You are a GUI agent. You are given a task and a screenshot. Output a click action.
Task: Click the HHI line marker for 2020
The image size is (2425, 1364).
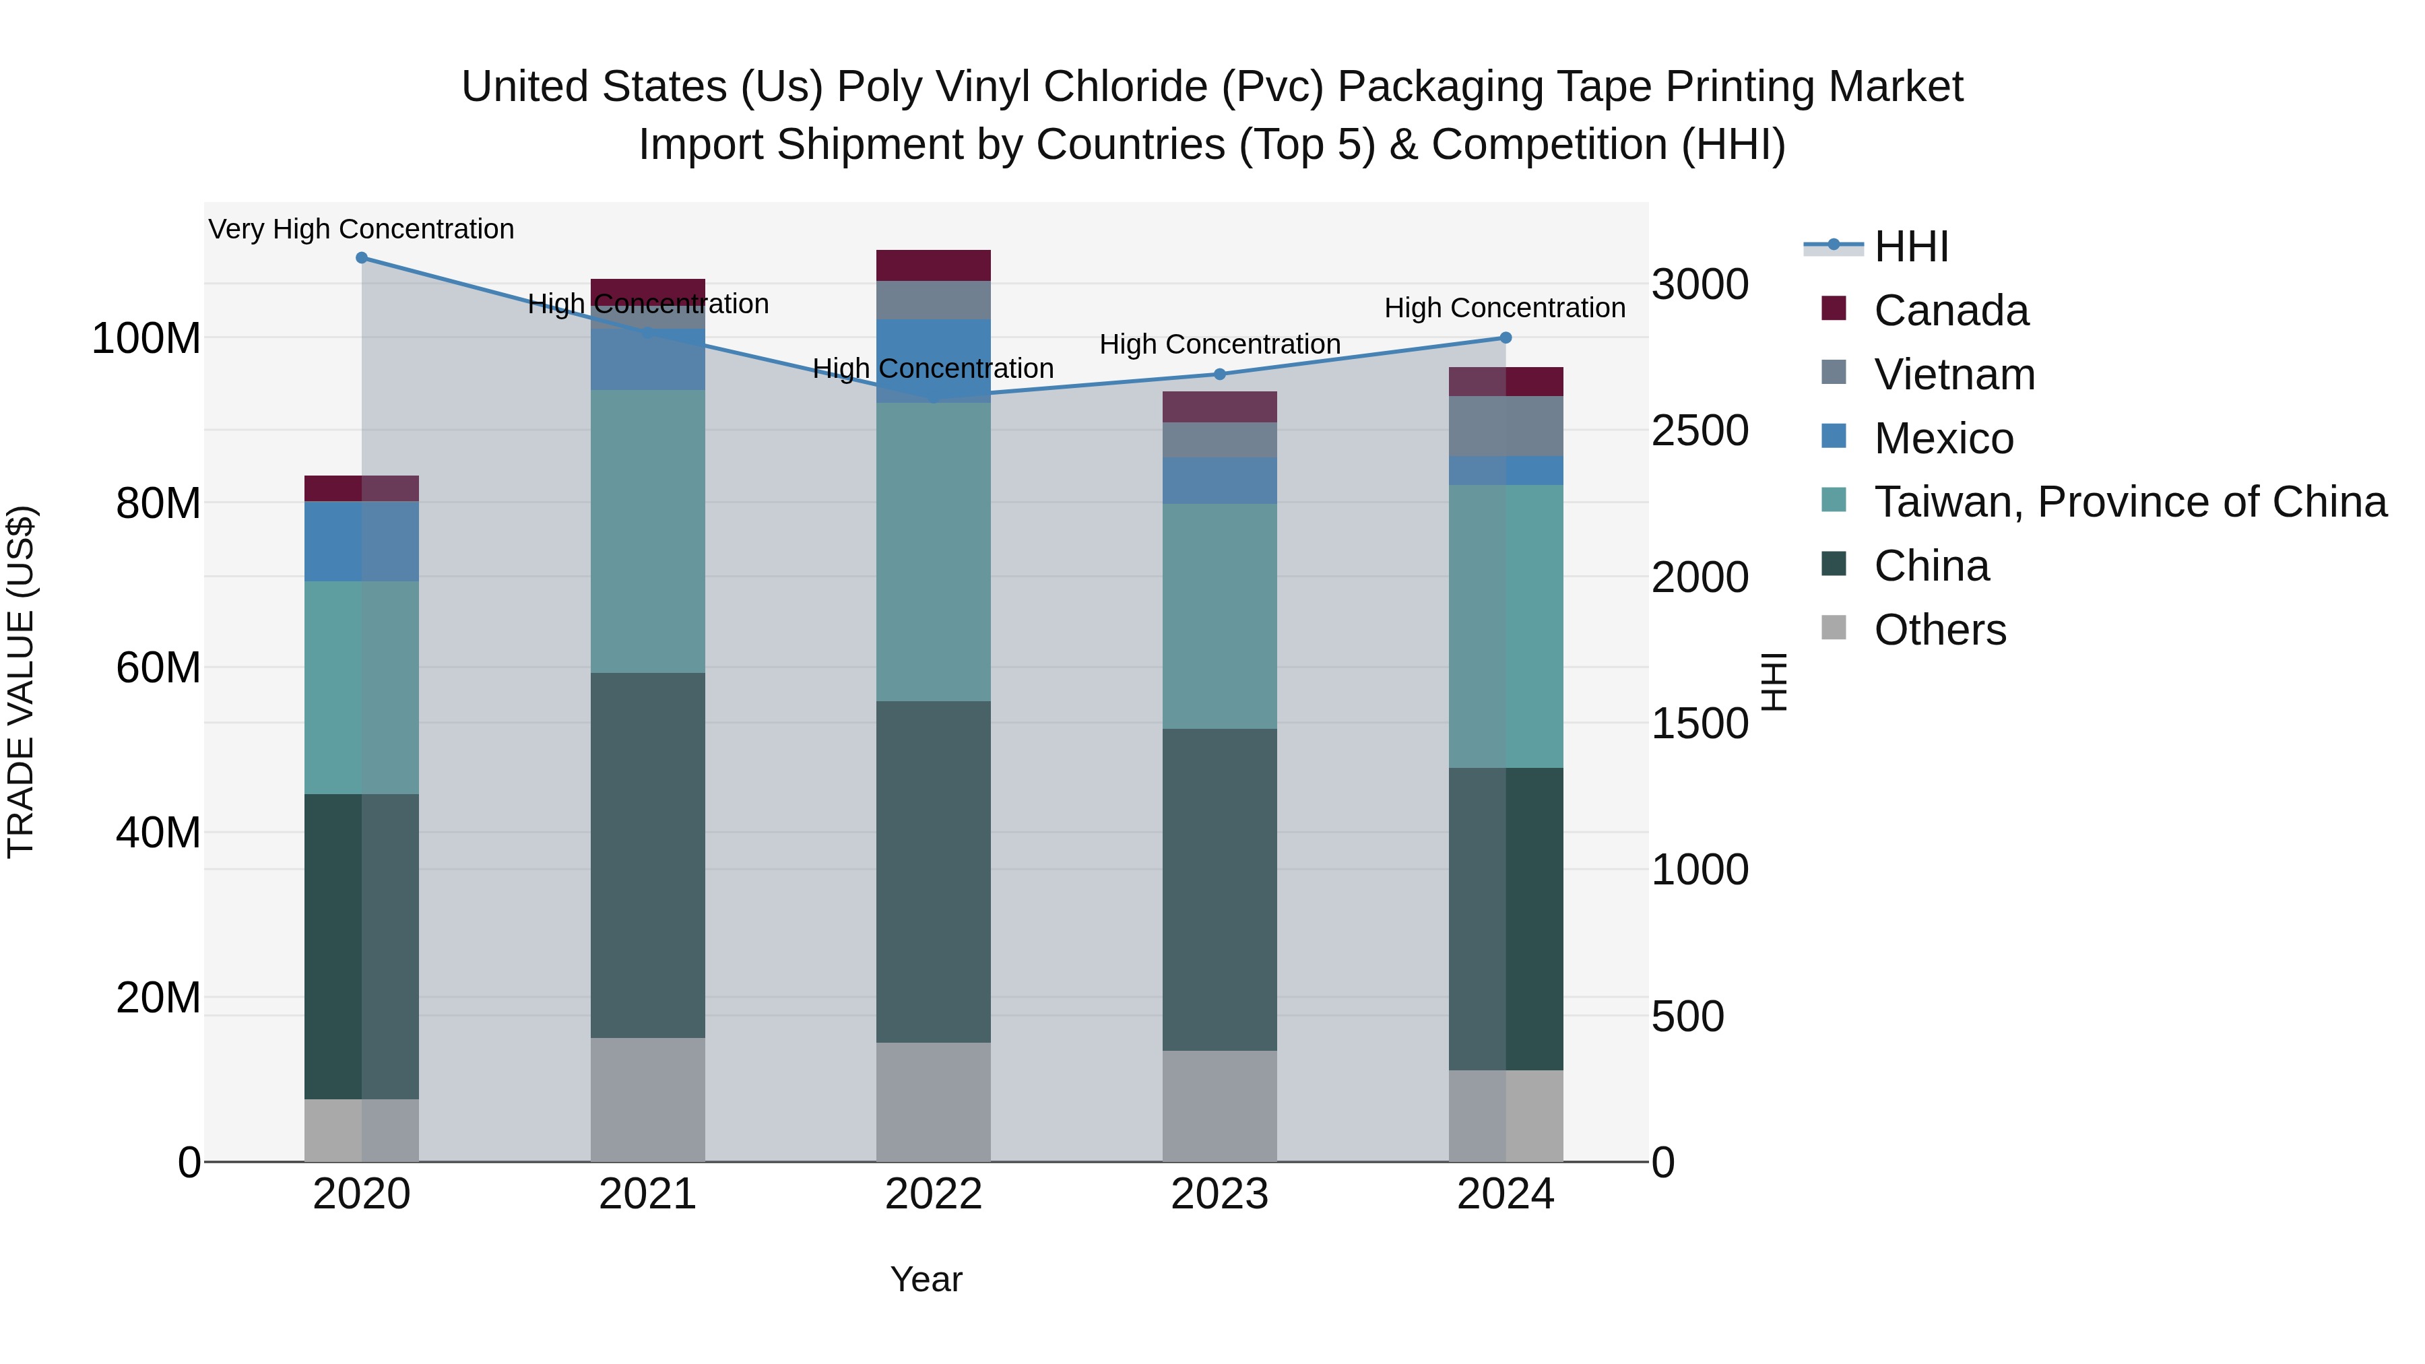click(362, 258)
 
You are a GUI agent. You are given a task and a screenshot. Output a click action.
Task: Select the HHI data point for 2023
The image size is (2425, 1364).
click(1219, 375)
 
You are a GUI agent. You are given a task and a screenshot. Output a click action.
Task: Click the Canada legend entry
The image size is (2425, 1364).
click(1951, 311)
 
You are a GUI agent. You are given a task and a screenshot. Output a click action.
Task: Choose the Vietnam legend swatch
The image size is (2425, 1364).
click(1834, 372)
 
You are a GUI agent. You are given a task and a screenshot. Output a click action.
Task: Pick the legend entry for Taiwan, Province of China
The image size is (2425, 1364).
click(2129, 502)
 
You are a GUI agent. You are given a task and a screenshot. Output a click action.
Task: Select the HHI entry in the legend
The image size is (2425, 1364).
click(1910, 247)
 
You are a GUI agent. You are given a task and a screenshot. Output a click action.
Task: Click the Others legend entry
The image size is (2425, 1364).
click(1939, 630)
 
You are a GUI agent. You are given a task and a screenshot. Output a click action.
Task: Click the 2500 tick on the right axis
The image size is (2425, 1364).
click(1700, 430)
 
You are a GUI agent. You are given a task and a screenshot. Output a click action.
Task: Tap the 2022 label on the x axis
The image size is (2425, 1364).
click(933, 1194)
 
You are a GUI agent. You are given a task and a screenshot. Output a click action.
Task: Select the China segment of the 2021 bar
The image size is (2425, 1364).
click(647, 855)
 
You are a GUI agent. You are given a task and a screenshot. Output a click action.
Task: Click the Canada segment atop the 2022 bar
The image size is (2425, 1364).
click(933, 265)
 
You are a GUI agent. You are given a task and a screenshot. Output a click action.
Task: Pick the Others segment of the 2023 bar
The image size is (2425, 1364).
click(1219, 1105)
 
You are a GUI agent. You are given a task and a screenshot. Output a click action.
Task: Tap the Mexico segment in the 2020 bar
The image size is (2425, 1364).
click(362, 542)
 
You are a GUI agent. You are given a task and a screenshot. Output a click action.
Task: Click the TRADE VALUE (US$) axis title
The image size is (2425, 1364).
click(21, 682)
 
